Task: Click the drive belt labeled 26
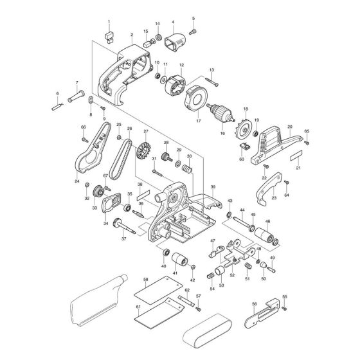[121, 157]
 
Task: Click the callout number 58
[146, 280]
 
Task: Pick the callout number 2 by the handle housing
[131, 35]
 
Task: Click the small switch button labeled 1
[109, 34]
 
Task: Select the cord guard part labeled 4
[173, 44]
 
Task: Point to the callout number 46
[268, 221]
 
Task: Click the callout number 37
[123, 239]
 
